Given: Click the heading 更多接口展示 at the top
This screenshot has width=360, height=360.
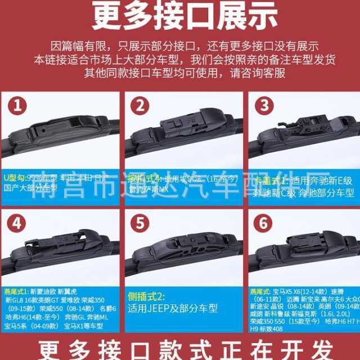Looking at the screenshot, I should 180,17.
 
